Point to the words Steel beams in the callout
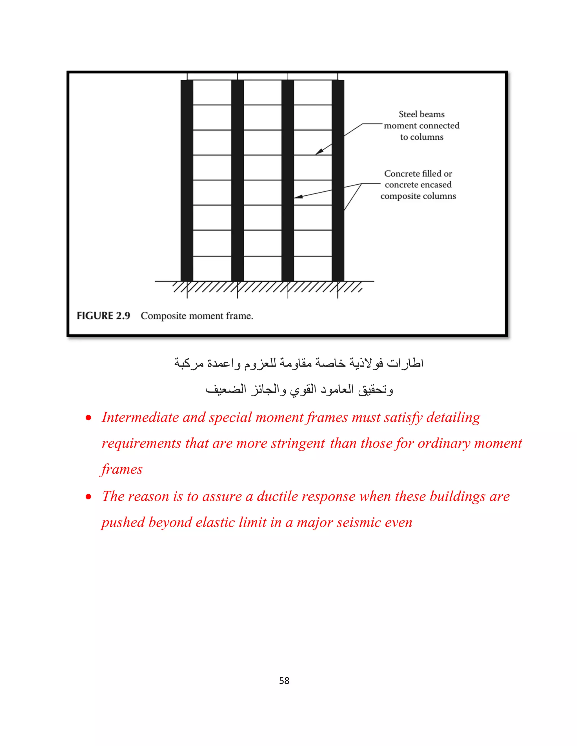421,114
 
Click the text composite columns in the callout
418,196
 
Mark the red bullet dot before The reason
88,497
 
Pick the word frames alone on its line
122,469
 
